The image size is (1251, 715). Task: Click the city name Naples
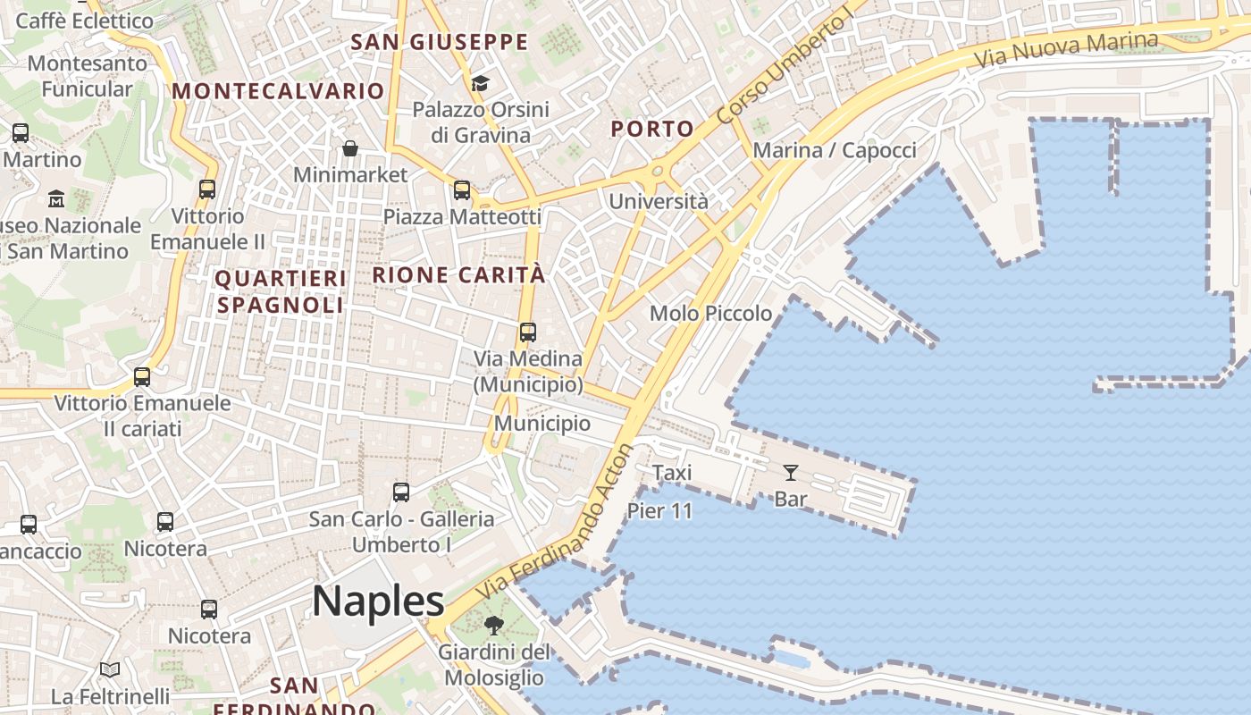(378, 601)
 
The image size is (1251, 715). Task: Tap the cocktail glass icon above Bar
(791, 473)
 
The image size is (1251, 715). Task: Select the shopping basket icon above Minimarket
(350, 148)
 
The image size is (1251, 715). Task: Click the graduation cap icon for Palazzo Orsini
(481, 84)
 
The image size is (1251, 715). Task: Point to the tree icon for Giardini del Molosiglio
(493, 626)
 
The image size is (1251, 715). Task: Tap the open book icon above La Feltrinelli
(110, 669)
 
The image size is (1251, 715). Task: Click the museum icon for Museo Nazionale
(56, 198)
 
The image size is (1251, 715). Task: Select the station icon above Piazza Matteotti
(462, 190)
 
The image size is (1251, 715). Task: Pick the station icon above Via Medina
(528, 332)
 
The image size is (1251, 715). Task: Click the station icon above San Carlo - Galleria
(401, 492)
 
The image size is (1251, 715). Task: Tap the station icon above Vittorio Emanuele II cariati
(142, 377)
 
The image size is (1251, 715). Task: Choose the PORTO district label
(652, 129)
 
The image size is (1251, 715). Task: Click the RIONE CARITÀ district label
(458, 275)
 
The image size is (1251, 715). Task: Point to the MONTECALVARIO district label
(278, 91)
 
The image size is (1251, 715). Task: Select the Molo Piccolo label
(710, 314)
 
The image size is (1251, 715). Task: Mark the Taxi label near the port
(672, 473)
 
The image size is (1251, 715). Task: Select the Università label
(658, 201)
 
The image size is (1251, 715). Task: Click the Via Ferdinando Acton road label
(556, 522)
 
